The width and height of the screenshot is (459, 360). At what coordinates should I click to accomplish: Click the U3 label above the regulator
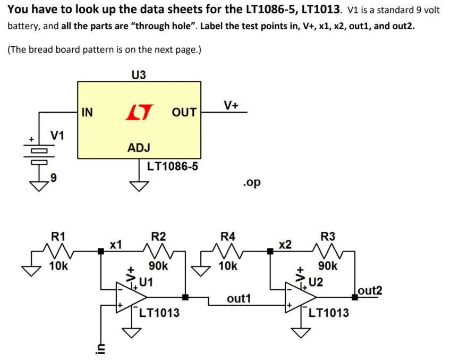click(x=138, y=74)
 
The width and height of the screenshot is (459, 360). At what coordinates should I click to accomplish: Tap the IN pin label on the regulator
click(x=87, y=112)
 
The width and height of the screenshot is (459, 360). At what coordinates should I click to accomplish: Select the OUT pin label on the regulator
click(x=184, y=113)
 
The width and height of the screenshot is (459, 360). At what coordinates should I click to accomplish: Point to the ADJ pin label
click(x=139, y=147)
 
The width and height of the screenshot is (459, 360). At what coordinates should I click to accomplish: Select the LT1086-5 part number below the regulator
click(x=173, y=166)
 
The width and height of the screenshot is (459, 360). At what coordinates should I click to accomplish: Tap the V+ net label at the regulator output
click(x=231, y=105)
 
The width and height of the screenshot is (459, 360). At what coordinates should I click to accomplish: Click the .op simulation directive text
click(x=251, y=182)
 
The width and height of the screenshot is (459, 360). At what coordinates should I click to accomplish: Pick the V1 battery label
click(x=57, y=136)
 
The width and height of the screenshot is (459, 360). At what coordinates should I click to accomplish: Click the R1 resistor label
click(x=58, y=236)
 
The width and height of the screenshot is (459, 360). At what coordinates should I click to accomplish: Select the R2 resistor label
click(x=158, y=236)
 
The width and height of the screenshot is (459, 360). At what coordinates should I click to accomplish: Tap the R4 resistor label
click(x=228, y=236)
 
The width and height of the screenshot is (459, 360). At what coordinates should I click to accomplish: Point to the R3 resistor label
click(x=328, y=236)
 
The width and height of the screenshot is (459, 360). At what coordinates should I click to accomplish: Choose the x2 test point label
click(x=285, y=244)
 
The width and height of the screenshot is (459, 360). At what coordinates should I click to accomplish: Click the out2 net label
click(x=370, y=290)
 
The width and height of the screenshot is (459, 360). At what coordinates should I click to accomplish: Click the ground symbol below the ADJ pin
click(x=139, y=186)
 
